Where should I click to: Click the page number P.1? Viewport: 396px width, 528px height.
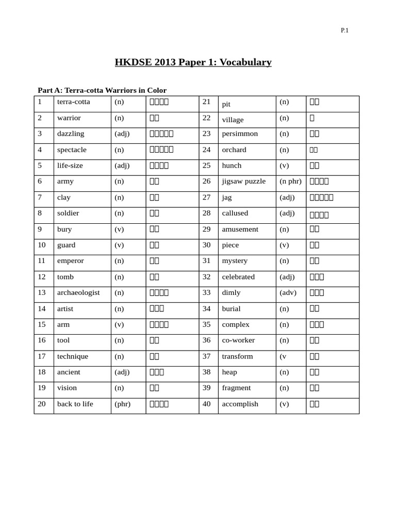pyautogui.click(x=344, y=30)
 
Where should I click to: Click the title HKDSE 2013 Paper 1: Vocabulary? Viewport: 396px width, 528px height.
pyautogui.click(x=193, y=62)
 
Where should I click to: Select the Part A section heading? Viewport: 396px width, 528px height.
pyautogui.click(x=102, y=90)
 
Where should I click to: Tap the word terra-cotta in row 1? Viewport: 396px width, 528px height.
pyautogui.click(x=73, y=102)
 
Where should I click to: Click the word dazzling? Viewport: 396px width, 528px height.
pyautogui.click(x=71, y=134)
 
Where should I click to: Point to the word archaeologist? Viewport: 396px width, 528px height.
pyautogui.click(x=78, y=292)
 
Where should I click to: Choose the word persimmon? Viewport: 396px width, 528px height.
pyautogui.click(x=240, y=134)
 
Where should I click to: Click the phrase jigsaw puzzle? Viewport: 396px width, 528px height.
pyautogui.click(x=244, y=181)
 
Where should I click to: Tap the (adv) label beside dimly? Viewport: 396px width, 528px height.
pyautogui.click(x=287, y=292)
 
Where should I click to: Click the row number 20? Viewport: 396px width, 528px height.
pyautogui.click(x=42, y=404)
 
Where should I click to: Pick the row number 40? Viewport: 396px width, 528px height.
pyautogui.click(x=207, y=404)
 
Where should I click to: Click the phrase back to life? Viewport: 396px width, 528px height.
pyautogui.click(x=75, y=404)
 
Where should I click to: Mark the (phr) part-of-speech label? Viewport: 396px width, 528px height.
pyautogui.click(x=122, y=404)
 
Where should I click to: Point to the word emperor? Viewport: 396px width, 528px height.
pyautogui.click(x=70, y=260)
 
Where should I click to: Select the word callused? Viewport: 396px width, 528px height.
pyautogui.click(x=235, y=213)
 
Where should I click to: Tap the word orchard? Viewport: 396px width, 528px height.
pyautogui.click(x=234, y=150)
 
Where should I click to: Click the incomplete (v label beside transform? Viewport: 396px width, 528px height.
pyautogui.click(x=283, y=356)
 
